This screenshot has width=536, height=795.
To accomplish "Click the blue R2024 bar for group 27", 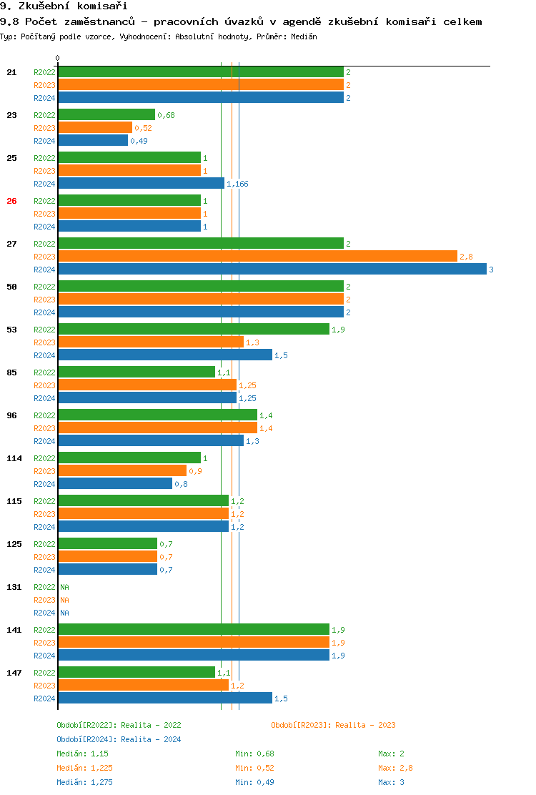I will pyautogui.click(x=272, y=270).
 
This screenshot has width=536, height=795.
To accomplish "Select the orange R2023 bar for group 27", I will pyautogui.click(x=257, y=257).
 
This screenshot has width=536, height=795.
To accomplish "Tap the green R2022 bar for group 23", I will pyautogui.click(x=106, y=115).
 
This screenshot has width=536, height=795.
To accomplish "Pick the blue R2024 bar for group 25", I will pyautogui.click(x=141, y=184).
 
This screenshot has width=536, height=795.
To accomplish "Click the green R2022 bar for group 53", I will pyautogui.click(x=194, y=330).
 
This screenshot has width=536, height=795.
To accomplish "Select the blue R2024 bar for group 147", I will pyautogui.click(x=165, y=698).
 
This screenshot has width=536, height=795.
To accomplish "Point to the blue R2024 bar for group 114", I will pyautogui.click(x=115, y=484).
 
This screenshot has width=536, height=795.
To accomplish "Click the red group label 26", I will pyautogui.click(x=11, y=201).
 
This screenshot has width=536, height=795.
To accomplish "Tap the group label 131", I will pyautogui.click(x=14, y=587).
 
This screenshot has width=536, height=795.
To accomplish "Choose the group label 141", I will pyautogui.click(x=14, y=630).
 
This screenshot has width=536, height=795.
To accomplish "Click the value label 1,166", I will pyautogui.click(x=237, y=184).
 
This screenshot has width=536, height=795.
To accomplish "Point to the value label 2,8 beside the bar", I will pyautogui.click(x=466, y=257).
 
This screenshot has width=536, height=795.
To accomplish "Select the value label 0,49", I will pyautogui.click(x=138, y=141).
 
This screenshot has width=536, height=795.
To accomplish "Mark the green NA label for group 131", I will pyautogui.click(x=64, y=587).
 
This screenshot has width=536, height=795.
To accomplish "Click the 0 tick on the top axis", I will pyautogui.click(x=58, y=58).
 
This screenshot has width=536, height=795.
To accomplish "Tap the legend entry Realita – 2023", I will pyautogui.click(x=333, y=725).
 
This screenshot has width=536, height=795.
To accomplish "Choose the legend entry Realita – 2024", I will pyautogui.click(x=119, y=739).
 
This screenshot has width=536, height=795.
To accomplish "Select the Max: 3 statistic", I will pyautogui.click(x=391, y=782).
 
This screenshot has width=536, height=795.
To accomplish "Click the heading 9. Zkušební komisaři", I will pyautogui.click(x=59, y=6).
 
